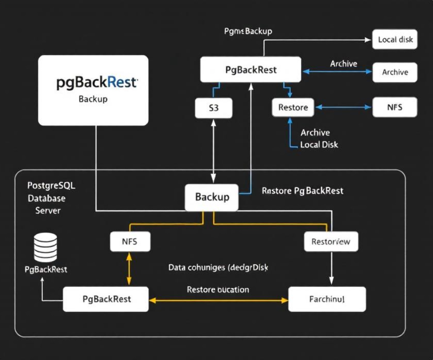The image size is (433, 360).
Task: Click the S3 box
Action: coord(214,108)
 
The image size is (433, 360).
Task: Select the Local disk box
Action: coord(395,39)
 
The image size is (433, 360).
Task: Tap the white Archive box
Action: coord(395,72)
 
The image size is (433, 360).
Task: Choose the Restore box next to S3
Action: coord(293,107)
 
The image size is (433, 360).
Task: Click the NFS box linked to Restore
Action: coord(395,107)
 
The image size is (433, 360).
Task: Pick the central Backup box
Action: coord(212,197)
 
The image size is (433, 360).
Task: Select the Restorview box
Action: coord(331,242)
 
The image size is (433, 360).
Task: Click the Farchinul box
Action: coord(327,299)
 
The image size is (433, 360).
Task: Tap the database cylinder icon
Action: coord(45,248)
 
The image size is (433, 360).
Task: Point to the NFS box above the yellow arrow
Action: coord(130,242)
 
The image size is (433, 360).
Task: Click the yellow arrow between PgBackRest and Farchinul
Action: coord(219,300)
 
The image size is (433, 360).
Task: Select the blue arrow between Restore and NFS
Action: coord(343,107)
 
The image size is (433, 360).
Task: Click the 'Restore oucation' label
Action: coord(218,290)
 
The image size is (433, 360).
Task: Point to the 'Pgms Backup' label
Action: coord(248,31)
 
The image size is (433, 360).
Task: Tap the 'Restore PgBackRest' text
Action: coord(302,191)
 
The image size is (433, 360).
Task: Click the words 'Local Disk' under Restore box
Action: coord(319,144)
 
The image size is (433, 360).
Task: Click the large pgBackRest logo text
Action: coord(97,83)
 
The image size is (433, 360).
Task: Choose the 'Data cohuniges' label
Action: coord(218,267)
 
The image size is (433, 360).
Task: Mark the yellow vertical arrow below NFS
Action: coord(129,269)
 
